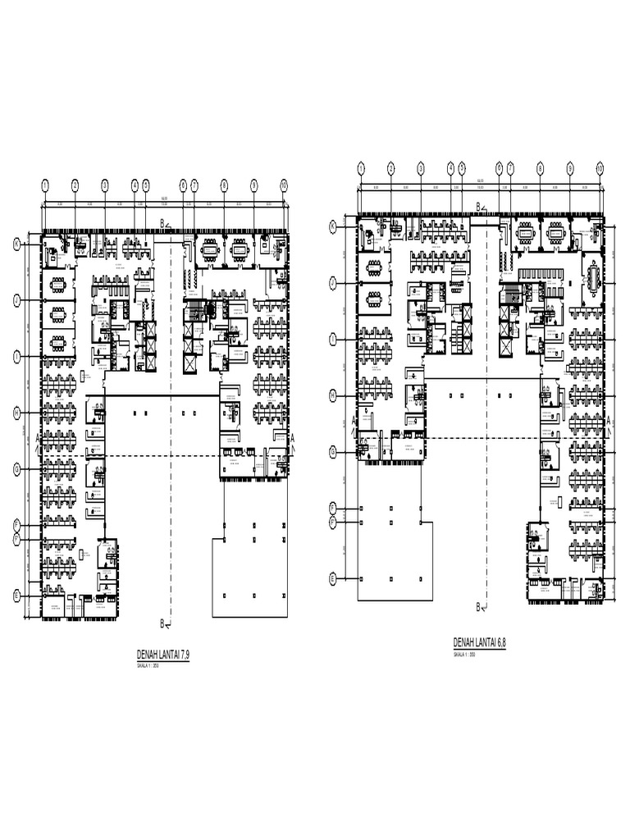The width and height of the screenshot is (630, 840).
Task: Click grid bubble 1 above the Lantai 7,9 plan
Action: (45, 185)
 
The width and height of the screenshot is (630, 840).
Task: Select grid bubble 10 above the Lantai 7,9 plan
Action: (284, 185)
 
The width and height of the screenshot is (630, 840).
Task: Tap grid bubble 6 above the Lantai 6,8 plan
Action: (500, 168)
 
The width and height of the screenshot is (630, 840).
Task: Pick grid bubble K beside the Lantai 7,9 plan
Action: (16, 244)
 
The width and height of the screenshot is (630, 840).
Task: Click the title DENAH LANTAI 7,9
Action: (168, 654)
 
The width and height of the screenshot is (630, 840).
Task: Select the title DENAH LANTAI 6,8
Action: (480, 643)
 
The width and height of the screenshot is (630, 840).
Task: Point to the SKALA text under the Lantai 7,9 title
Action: (148, 666)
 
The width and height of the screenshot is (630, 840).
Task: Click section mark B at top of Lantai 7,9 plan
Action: (163, 223)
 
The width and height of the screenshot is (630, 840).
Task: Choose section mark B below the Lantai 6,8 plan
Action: (479, 607)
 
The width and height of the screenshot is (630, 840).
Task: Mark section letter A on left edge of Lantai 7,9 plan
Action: (38, 438)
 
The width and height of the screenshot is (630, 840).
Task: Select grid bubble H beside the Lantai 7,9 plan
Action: (16, 413)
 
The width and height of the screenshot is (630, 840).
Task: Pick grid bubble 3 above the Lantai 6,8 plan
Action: (421, 168)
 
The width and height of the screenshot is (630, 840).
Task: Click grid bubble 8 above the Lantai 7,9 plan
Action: (223, 185)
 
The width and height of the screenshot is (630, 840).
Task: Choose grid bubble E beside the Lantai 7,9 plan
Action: (16, 596)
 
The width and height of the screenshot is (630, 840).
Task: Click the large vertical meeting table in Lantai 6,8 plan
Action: (592, 276)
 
